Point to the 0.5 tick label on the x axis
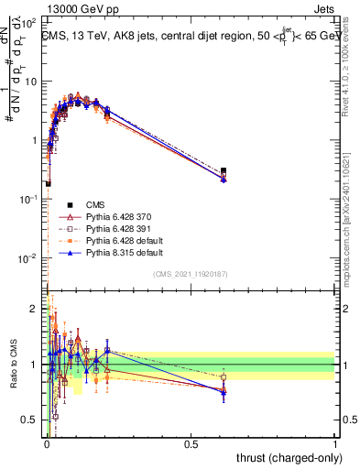click(x=191, y=444)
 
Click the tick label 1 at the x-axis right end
click(x=335, y=444)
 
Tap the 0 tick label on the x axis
click(x=47, y=444)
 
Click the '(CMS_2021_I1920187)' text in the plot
click(x=191, y=274)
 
